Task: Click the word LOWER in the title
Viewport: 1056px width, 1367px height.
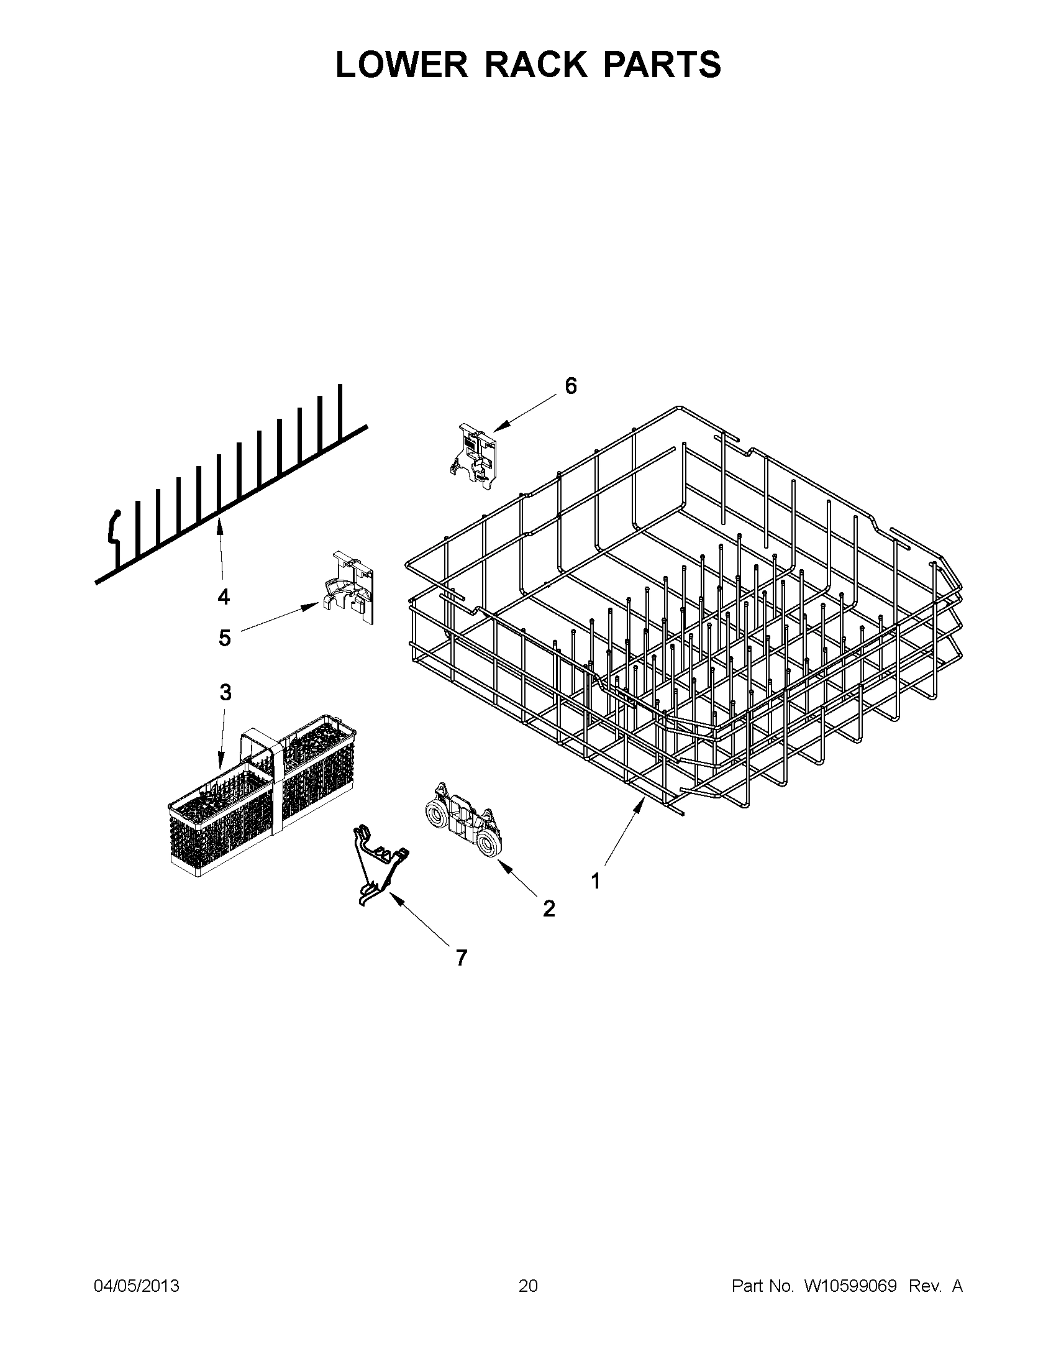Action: pos(402,65)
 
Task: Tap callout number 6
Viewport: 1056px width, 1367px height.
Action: pos(570,386)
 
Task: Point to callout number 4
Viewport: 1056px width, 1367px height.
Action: pos(224,597)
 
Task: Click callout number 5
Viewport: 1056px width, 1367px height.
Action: pos(225,638)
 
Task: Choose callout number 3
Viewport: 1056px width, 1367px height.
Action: pos(225,692)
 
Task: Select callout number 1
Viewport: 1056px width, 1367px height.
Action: pos(595,881)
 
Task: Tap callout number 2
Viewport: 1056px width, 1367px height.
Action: pos(548,908)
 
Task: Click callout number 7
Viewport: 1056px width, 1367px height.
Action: pos(461,958)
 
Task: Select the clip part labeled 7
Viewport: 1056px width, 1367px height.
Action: pos(378,864)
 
